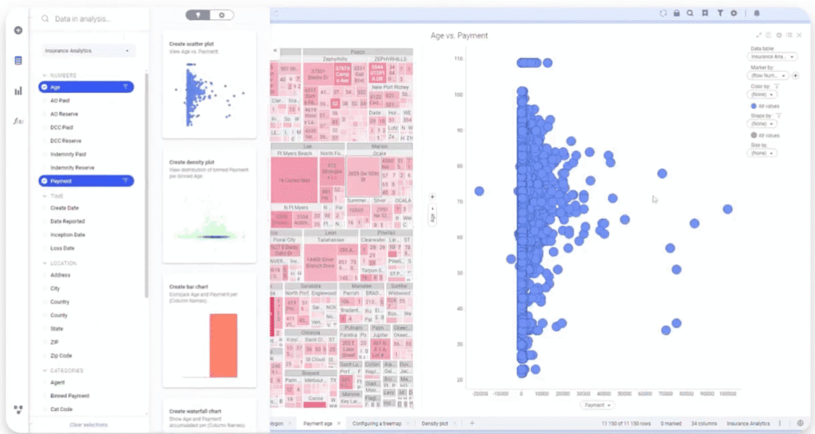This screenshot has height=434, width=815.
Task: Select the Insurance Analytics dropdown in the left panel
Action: pyautogui.click(x=88, y=51)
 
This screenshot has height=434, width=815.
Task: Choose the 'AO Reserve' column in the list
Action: pyautogui.click(x=65, y=114)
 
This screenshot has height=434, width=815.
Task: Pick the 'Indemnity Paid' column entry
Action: pyautogui.click(x=68, y=154)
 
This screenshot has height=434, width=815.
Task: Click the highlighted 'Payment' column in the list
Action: pyautogui.click(x=62, y=181)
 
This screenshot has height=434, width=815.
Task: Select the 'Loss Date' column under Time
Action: pyautogui.click(x=62, y=248)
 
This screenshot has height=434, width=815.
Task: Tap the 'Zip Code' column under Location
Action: pyautogui.click(x=61, y=355)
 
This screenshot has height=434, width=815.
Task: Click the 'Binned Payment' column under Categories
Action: pyautogui.click(x=69, y=396)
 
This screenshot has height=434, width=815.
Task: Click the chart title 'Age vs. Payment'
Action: pyautogui.click(x=458, y=36)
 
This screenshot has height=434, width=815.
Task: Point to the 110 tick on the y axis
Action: pyautogui.click(x=458, y=60)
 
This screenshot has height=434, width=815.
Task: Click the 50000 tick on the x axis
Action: pyautogui.click(x=625, y=393)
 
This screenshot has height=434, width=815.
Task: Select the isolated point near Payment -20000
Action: pyautogui.click(x=479, y=191)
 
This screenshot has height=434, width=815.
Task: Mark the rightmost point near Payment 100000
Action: pyautogui.click(x=727, y=209)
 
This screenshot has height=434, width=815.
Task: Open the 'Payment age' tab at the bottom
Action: pyautogui.click(x=318, y=424)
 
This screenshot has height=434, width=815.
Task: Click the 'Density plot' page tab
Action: pyautogui.click(x=435, y=424)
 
